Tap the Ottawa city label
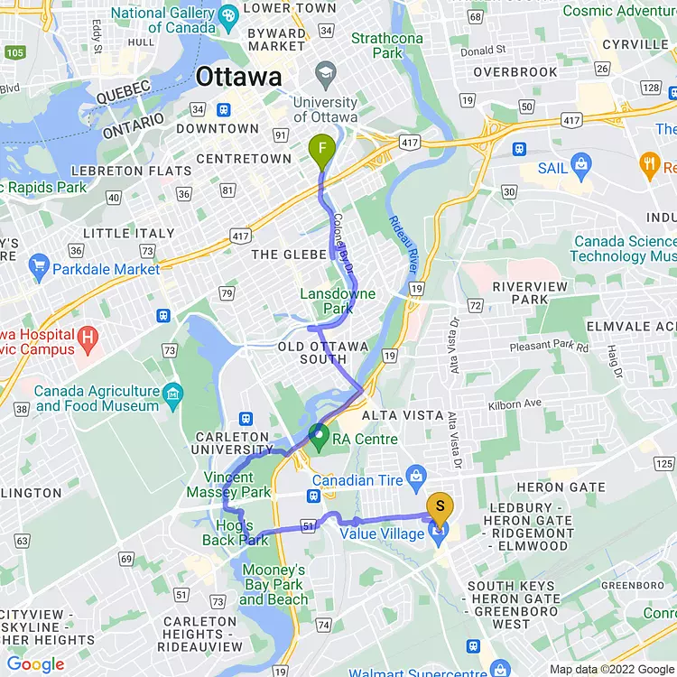click(x=238, y=78)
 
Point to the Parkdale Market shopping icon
click(x=38, y=268)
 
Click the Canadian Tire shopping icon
click(x=416, y=474)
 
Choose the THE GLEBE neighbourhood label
click(x=289, y=255)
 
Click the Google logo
click(x=36, y=665)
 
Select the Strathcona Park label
click(x=388, y=45)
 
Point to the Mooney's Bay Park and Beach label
click(x=274, y=584)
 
